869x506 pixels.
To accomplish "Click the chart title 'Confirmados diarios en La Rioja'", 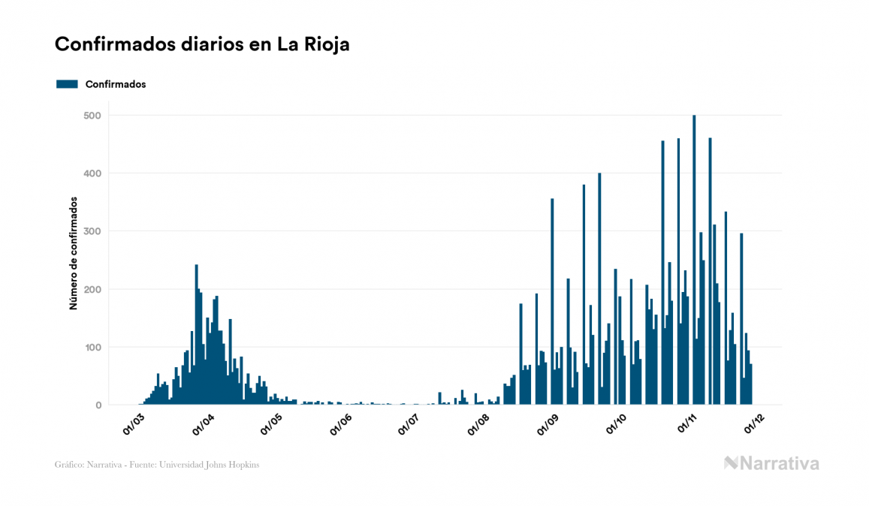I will tap(202, 44).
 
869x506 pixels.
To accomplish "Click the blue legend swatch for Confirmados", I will tap(67, 84).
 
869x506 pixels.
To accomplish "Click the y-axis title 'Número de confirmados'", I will tap(74, 254).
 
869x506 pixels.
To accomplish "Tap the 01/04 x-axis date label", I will tap(204, 424).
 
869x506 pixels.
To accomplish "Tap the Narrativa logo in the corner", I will tap(771, 463).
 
